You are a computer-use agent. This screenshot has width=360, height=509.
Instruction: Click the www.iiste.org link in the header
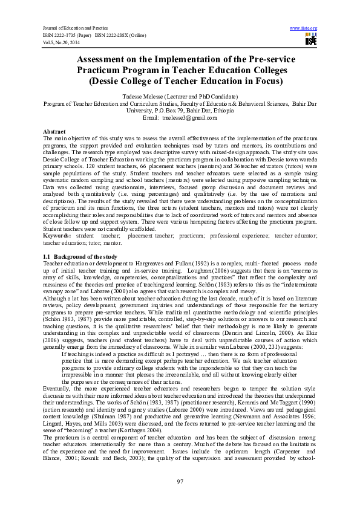304,28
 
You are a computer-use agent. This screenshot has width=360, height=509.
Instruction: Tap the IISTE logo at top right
310,39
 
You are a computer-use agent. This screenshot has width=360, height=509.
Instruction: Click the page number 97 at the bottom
180,481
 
